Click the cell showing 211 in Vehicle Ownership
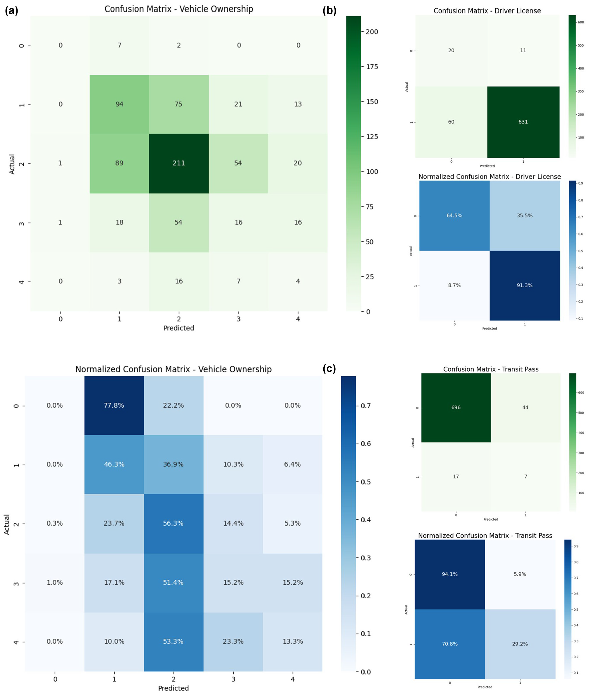179,163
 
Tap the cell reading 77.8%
114,405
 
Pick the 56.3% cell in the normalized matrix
173,523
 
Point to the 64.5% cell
454,216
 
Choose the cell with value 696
456,408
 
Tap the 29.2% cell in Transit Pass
520,644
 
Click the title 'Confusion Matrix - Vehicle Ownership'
179,9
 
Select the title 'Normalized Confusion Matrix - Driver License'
490,177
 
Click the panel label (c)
329,368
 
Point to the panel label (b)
329,11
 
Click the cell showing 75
179,104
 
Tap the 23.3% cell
233,641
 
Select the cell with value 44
526,408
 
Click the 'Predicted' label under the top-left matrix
179,328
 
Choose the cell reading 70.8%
450,644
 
